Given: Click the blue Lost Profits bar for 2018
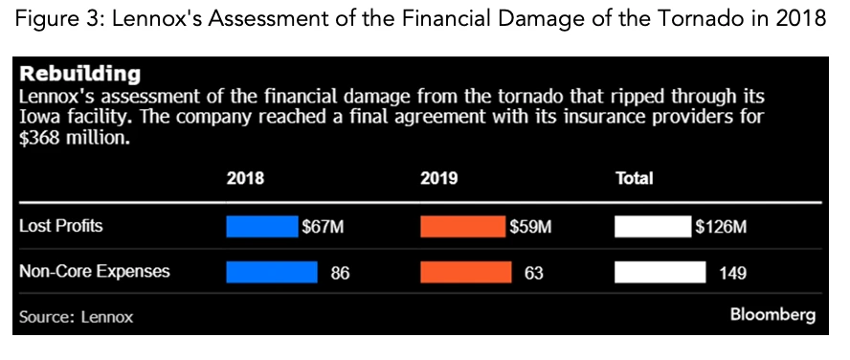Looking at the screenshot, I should [x=262, y=227].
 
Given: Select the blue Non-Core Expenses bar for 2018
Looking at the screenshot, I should [x=271, y=272].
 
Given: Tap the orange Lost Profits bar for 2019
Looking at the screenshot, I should [x=462, y=227].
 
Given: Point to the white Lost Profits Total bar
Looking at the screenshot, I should [x=652, y=227].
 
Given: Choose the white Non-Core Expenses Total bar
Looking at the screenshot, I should [x=659, y=272].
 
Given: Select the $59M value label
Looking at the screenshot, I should [x=529, y=227].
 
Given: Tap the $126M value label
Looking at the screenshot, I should [x=720, y=227].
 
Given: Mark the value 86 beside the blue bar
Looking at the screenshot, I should [x=340, y=273].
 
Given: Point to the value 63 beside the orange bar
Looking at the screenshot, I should [x=534, y=273].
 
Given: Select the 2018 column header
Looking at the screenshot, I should [x=245, y=178].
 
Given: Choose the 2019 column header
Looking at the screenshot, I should [x=439, y=178].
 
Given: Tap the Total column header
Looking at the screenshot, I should [x=634, y=178].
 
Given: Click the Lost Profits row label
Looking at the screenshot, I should [x=60, y=227].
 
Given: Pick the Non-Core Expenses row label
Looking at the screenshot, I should [x=95, y=272].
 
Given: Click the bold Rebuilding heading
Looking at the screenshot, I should [x=80, y=74].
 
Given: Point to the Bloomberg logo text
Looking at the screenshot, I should [x=772, y=315].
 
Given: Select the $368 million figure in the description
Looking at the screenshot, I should [x=73, y=138].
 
